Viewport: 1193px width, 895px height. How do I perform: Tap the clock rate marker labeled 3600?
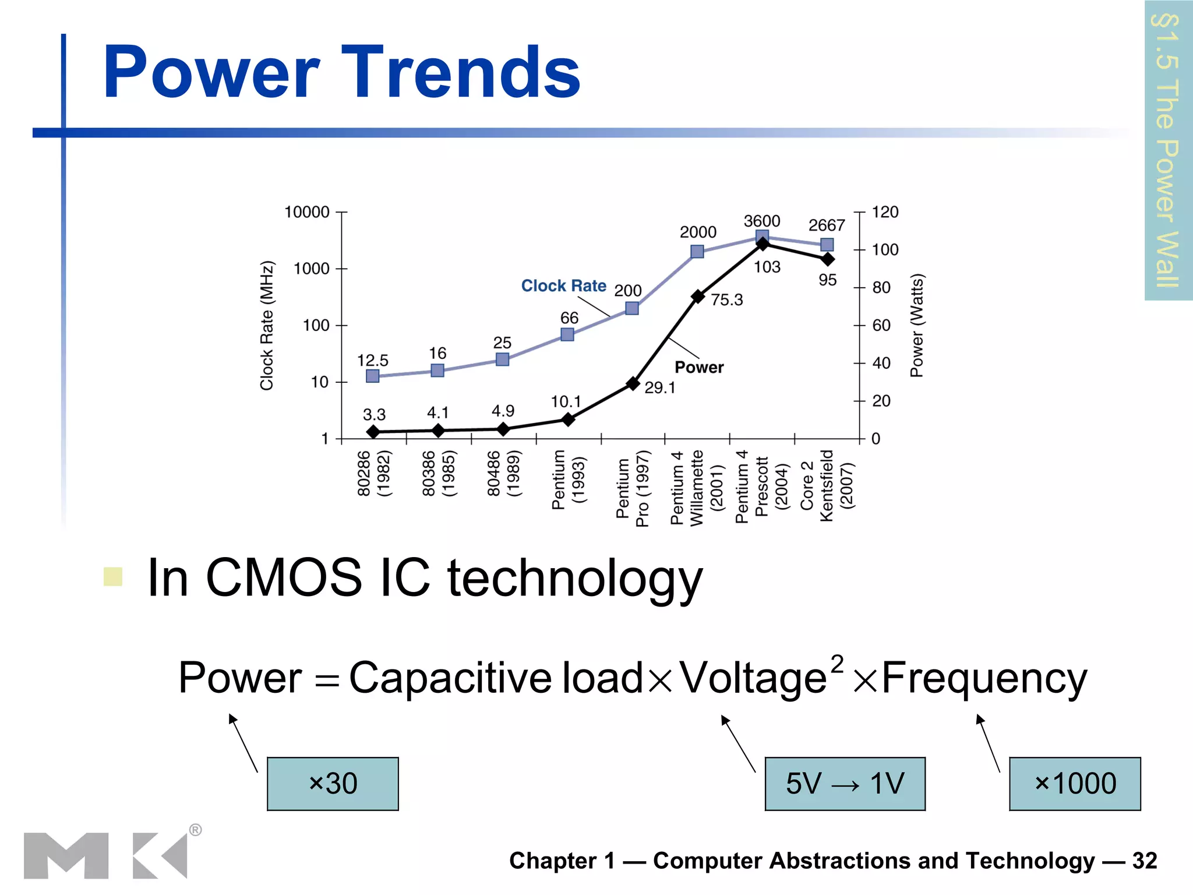click(x=762, y=237)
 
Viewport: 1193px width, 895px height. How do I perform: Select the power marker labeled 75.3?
click(x=698, y=297)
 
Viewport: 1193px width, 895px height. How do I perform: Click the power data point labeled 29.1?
click(x=633, y=383)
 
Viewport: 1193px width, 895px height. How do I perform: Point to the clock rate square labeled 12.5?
click(x=373, y=376)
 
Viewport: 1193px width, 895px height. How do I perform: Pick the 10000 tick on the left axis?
click(x=307, y=212)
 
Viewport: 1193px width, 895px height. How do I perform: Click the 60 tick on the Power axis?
click(x=881, y=325)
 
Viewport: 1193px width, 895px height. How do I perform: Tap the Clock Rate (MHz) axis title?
click(x=267, y=325)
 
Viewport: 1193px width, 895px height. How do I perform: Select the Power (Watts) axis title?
click(x=916, y=325)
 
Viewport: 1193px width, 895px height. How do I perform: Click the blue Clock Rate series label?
click(x=563, y=286)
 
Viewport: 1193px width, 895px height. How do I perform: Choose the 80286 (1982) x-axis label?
click(x=373, y=473)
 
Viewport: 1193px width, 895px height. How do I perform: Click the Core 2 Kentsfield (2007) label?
click(x=827, y=485)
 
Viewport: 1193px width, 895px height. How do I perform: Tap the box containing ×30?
click(x=333, y=784)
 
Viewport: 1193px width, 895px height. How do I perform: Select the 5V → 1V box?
click(x=845, y=784)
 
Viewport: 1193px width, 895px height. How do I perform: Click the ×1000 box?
click(x=1075, y=784)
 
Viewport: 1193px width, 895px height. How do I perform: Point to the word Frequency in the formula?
click(x=984, y=679)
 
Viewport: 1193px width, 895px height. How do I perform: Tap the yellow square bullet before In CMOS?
click(x=113, y=576)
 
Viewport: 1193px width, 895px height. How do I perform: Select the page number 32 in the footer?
click(x=1144, y=861)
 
